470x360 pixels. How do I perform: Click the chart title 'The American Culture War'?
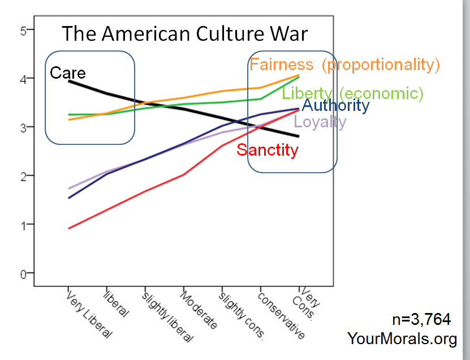184,33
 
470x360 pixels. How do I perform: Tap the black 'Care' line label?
68,72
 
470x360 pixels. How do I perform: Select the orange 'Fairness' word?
281,65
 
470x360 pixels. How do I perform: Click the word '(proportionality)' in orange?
381,65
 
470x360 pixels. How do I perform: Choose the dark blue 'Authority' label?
335,105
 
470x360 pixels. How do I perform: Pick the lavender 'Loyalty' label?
320,121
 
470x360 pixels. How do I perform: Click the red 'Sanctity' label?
267,150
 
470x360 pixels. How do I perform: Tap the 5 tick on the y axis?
24,31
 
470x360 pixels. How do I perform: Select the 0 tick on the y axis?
24,274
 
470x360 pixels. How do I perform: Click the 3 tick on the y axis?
24,128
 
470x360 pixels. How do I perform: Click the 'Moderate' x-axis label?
199,310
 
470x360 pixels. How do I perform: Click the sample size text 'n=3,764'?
421,320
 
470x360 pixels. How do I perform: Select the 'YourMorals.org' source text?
402,338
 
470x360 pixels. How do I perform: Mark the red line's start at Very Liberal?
68,228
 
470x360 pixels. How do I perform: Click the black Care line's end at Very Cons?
298,136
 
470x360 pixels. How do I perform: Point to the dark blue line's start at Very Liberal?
68,198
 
